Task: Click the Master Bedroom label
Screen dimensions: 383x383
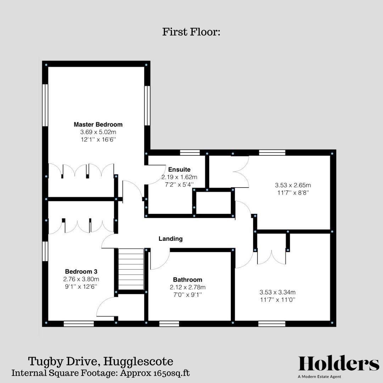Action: click(98, 124)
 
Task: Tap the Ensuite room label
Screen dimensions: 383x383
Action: click(179, 170)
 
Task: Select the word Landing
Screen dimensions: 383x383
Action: click(171, 239)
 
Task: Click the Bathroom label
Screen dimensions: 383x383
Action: click(188, 279)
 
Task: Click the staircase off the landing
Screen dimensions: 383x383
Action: click(131, 269)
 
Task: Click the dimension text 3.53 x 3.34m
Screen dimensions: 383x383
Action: click(278, 292)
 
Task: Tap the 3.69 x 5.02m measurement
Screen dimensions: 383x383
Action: click(98, 132)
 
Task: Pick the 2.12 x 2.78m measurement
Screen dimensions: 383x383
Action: click(188, 287)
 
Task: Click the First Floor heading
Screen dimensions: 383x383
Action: click(191, 32)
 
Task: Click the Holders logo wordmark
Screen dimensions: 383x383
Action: click(339, 363)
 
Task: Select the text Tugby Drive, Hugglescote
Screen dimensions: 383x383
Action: click(101, 362)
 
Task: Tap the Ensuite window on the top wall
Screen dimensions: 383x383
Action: click(190, 152)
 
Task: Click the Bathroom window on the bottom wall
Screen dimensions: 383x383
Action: click(169, 323)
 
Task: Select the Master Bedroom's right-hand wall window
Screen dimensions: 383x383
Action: click(147, 105)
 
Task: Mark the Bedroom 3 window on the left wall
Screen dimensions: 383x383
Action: click(45, 251)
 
